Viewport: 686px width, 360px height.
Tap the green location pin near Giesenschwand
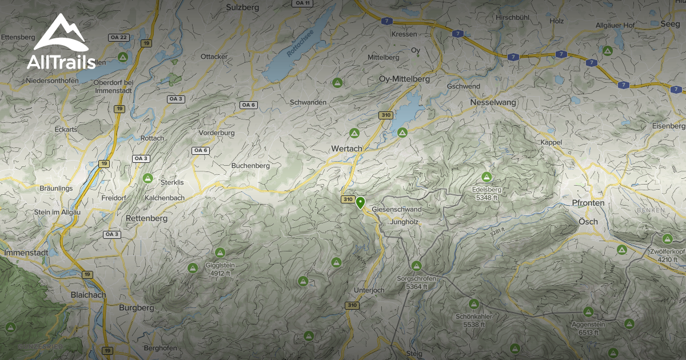(360, 203)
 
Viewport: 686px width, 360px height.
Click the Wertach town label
(346, 149)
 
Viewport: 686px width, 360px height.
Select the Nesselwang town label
(493, 102)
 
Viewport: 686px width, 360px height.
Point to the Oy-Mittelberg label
(404, 79)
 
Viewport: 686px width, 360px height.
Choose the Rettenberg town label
(146, 218)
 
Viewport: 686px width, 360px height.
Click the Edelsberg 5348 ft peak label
(486, 193)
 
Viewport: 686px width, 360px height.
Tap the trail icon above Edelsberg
(487, 177)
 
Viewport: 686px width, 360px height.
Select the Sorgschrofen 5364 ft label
(417, 282)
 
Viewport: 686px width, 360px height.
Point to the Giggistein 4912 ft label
(220, 269)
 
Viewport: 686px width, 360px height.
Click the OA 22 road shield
(119, 37)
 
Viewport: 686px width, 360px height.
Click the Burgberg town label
(137, 307)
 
